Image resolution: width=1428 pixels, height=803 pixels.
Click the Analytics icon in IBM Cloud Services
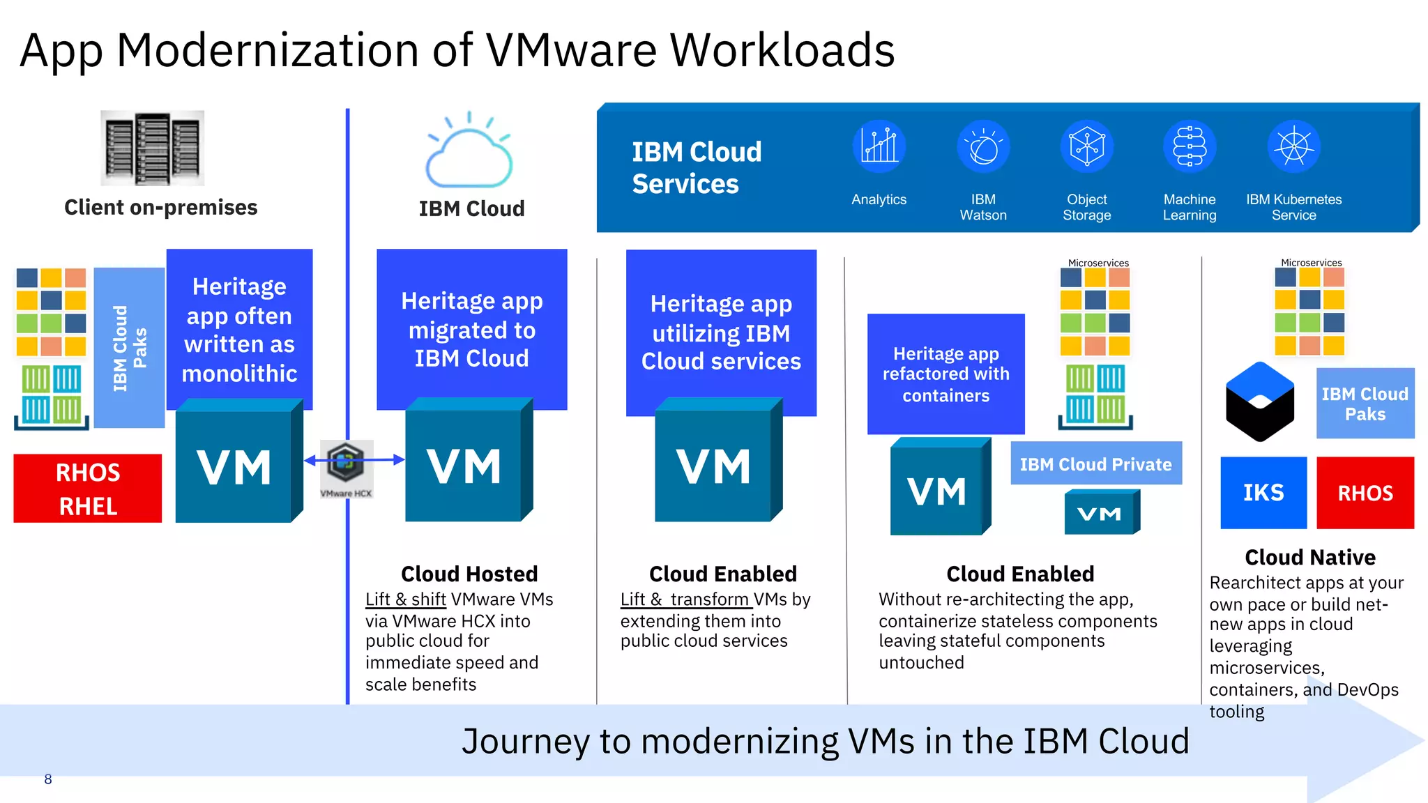879,146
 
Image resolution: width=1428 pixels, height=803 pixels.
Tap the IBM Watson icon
983,146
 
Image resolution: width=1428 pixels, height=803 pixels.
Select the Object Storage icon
1086,146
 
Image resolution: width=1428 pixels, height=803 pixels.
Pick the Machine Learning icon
1190,146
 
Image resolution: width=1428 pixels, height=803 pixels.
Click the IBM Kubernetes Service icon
1293,146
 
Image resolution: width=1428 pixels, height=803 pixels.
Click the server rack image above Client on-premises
152,148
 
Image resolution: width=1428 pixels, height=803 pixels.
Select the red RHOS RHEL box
88,489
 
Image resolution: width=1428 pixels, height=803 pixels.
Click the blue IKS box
1263,493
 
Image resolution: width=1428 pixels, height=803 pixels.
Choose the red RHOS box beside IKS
1365,493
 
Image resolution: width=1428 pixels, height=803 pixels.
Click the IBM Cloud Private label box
1095,464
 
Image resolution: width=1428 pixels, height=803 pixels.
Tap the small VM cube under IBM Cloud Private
1101,513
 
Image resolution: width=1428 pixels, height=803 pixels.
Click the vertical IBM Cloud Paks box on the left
129,348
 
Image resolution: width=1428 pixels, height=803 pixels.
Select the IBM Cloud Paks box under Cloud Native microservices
1365,404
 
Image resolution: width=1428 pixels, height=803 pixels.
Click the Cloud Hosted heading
469,574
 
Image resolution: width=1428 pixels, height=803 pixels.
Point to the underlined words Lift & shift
406,599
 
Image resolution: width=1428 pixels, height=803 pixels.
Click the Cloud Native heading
1309,557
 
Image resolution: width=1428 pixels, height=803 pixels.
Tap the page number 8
47,779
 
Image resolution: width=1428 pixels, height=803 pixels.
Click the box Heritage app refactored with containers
945,374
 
